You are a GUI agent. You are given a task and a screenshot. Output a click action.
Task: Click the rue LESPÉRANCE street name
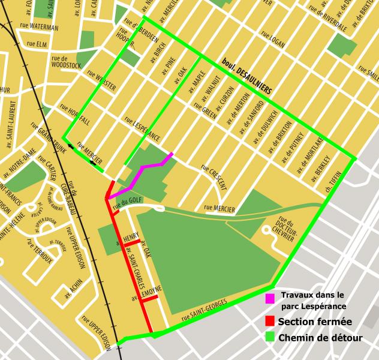[x=142, y=127]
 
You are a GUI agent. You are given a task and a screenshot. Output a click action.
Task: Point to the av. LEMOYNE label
[x=146, y=293]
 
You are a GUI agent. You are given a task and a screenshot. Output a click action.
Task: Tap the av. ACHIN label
[x=75, y=290]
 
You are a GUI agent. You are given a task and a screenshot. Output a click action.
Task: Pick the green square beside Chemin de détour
[x=270, y=338]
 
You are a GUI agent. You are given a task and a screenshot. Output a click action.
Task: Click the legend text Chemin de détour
[x=320, y=338]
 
